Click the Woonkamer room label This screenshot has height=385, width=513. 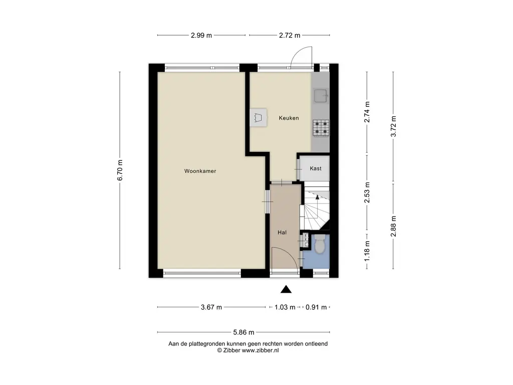200,171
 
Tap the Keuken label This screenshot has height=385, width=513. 289,118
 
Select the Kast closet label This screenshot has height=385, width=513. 316,168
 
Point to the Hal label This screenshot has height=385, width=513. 282,233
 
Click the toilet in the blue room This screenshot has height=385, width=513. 319,244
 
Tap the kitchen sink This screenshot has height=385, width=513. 321,96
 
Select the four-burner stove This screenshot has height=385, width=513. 321,128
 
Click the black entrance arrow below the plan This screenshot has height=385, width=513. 286,289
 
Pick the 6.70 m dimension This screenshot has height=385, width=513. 120,170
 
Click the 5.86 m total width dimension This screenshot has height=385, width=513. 243,332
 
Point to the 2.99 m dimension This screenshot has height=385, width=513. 201,36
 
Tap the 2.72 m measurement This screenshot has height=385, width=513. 290,36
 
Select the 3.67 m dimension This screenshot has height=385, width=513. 211,307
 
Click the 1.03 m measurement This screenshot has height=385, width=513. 285,307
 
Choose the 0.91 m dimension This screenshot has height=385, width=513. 316,307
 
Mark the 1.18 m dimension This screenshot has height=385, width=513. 367,251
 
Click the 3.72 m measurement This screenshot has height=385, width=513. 394,126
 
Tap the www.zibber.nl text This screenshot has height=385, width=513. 260,350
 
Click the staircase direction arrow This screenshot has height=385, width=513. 317,197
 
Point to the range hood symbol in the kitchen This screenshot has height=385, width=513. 259,118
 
